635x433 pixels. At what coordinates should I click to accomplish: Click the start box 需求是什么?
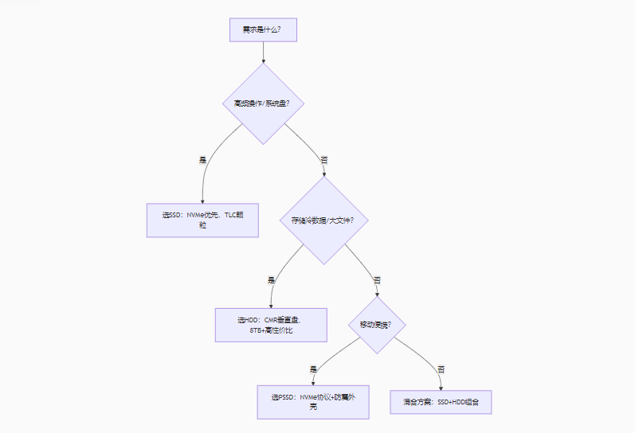[263, 29]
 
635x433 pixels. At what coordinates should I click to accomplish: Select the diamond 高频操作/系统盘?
[263, 103]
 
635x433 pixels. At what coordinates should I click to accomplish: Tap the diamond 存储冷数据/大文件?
[323, 220]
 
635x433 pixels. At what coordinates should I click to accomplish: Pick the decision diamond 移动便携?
[377, 325]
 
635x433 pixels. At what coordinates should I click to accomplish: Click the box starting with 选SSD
[202, 220]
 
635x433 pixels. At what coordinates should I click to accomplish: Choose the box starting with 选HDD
[271, 324]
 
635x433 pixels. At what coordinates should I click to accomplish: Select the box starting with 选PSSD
[313, 401]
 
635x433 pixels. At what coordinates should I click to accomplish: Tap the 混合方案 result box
[441, 402]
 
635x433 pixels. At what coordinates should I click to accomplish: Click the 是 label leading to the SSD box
[203, 160]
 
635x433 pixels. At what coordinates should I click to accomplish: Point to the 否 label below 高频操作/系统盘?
[323, 160]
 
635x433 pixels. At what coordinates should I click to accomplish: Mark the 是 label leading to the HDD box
[271, 280]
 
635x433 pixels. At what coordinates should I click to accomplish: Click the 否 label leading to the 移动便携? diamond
[377, 280]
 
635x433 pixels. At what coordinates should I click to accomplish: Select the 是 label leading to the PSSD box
[313, 369]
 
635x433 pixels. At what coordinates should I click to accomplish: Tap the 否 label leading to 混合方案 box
[441, 369]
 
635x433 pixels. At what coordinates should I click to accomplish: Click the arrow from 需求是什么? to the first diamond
[263, 52]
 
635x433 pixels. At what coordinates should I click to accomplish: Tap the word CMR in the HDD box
[272, 319]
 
